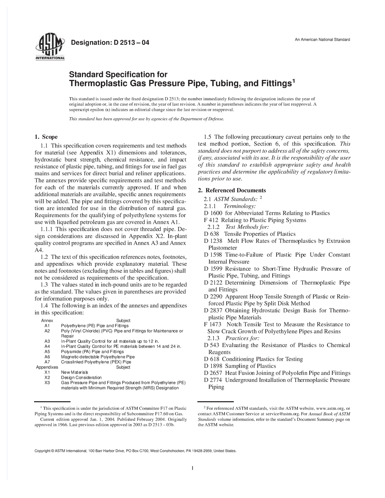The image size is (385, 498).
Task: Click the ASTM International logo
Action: point(51,47)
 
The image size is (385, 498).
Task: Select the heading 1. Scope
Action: point(46,137)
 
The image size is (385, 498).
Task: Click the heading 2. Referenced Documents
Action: point(232,190)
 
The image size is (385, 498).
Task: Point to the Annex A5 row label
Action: point(47,351)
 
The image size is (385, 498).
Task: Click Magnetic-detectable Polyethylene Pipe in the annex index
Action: point(98,357)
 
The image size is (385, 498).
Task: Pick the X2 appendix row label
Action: point(47,377)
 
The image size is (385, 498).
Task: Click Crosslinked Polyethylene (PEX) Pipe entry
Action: point(96,362)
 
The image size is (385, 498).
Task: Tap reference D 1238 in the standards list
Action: point(213,241)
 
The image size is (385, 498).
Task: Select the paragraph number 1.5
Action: point(208,137)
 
